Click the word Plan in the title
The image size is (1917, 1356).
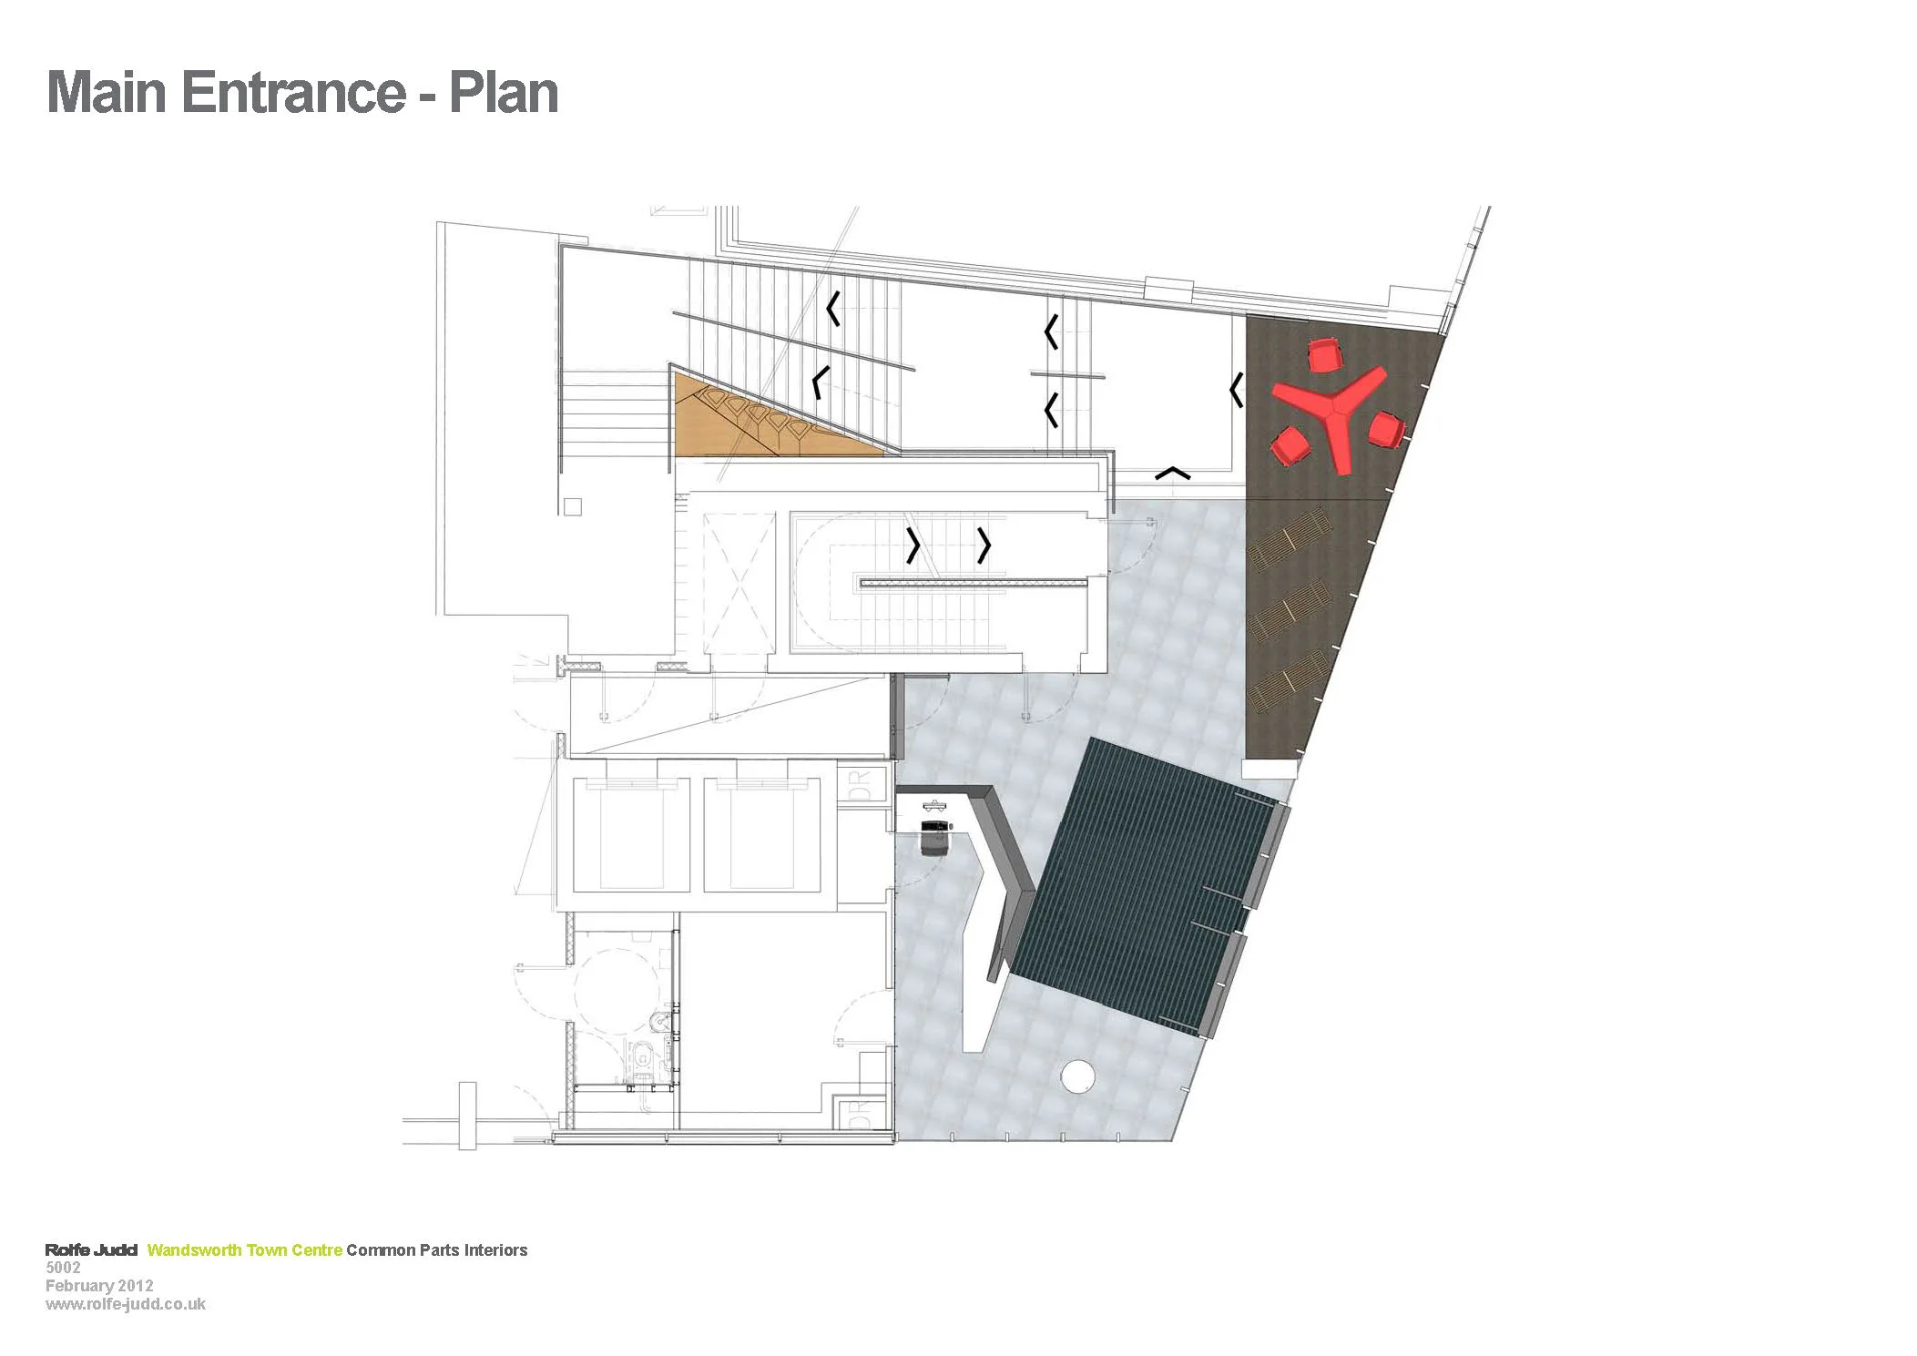pos(503,93)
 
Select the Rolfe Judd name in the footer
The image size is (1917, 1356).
pos(91,1249)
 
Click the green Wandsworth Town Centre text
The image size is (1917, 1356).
pos(244,1249)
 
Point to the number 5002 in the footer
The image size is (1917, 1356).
pos(63,1267)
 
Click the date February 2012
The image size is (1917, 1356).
pos(99,1285)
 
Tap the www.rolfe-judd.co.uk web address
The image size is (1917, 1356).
pos(126,1303)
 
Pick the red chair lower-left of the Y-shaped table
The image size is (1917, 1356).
pos(1290,446)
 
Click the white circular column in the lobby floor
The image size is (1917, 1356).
pos(1077,1076)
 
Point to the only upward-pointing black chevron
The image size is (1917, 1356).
pos(1172,473)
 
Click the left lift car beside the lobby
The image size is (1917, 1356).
pos(631,836)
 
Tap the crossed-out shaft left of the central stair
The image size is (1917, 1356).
pos(737,583)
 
